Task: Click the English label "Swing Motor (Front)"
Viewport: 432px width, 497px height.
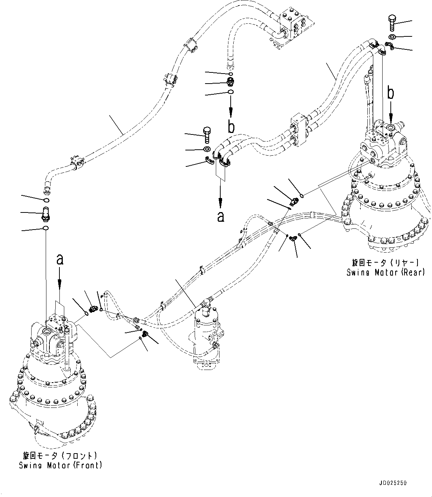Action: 61,465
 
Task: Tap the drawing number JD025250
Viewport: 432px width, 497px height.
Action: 393,483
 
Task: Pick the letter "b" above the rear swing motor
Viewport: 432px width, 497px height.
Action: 390,93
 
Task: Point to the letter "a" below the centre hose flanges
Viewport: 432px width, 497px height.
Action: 221,216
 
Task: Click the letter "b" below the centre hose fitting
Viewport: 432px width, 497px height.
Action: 231,127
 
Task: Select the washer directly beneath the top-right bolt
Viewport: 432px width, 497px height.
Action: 393,36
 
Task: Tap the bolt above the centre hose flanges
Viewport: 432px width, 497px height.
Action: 207,135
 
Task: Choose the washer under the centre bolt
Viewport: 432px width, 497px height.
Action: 207,149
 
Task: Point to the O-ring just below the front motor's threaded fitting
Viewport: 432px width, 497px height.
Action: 45,228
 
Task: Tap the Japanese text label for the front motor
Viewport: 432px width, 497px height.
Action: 61,455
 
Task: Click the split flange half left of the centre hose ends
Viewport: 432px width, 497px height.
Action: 210,160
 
